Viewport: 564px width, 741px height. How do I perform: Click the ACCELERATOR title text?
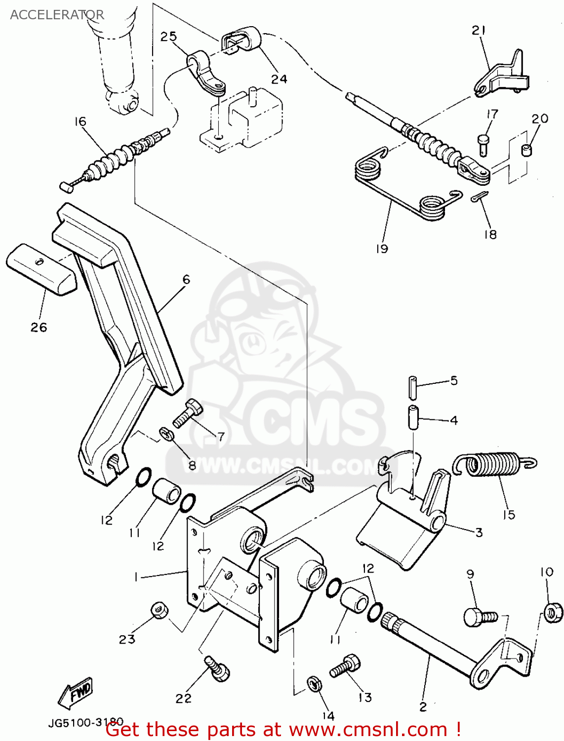[57, 15]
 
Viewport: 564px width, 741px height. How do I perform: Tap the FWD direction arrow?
[76, 693]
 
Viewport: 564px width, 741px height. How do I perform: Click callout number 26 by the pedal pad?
[39, 327]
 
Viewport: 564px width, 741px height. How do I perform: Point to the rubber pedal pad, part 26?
[41, 270]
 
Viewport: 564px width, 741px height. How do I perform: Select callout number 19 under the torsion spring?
[382, 248]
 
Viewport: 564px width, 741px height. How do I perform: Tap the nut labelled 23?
[159, 611]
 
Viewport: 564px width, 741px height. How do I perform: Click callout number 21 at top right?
[479, 31]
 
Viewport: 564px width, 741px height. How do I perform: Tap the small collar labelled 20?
[527, 149]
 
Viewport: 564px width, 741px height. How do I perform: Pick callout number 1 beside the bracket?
[135, 577]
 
